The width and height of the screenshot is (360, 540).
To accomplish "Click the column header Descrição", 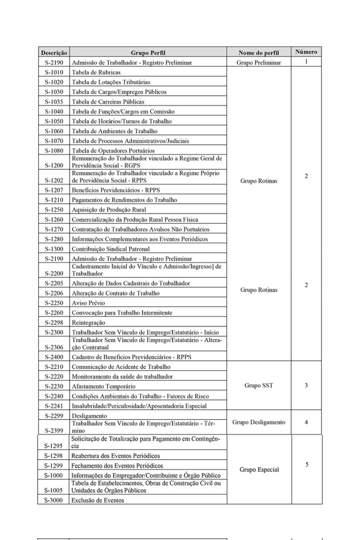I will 54,53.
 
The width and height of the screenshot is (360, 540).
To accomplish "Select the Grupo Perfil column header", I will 148,53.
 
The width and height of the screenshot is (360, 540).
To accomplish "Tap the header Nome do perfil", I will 258,53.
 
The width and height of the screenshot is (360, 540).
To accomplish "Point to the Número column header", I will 306,52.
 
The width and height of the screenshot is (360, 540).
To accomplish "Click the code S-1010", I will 54,72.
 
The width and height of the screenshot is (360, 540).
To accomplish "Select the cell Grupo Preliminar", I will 259,62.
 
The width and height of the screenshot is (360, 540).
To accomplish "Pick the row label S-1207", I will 54,190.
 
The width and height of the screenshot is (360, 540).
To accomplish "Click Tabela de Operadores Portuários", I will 113,151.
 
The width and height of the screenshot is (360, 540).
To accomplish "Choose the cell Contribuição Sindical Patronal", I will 111,249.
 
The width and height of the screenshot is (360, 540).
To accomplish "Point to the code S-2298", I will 54,323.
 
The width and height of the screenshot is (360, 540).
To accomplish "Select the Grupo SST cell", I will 259,385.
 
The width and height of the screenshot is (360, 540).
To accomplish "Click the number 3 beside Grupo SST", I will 306,385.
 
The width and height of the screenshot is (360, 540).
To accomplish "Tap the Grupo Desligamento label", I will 259,422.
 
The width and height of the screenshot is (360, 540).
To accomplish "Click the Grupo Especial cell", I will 259,469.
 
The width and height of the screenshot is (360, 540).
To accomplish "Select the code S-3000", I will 54,500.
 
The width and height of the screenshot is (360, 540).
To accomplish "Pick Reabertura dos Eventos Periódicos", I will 115,456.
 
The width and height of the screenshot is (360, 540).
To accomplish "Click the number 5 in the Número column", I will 306,465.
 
